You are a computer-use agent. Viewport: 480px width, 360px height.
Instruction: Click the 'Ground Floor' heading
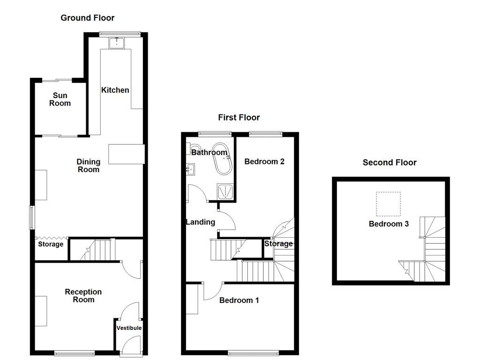[x=88, y=18]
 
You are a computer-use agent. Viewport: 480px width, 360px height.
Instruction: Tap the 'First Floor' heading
[x=239, y=118]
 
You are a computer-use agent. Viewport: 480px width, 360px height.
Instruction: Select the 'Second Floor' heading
[x=390, y=163]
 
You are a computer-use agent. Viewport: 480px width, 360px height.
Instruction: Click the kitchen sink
[x=117, y=43]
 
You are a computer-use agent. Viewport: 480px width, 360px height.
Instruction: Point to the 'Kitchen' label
[x=115, y=90]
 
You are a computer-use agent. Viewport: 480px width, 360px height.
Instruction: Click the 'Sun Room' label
[x=60, y=99]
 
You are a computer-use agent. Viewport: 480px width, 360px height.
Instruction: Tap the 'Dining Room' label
[x=89, y=165]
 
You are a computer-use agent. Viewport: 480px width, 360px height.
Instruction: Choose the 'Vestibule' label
[x=129, y=328]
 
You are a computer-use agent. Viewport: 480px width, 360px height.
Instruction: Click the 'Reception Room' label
[x=83, y=296]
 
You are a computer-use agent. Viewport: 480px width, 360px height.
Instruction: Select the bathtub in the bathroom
[x=223, y=158]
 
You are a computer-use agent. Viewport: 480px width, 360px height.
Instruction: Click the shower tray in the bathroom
[x=225, y=192]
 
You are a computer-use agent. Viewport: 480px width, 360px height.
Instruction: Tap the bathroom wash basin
[x=190, y=169]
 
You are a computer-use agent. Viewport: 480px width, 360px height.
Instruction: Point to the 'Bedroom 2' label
[x=264, y=162]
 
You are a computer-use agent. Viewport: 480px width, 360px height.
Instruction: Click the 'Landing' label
[x=201, y=222]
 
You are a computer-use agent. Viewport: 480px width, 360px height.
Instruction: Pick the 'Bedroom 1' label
[x=239, y=300]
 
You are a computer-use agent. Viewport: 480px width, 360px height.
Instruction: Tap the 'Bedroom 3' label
[x=389, y=224]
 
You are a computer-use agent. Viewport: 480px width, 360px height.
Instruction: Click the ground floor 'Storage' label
[x=51, y=244]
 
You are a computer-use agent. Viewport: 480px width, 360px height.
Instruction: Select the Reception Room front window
[x=75, y=353]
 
